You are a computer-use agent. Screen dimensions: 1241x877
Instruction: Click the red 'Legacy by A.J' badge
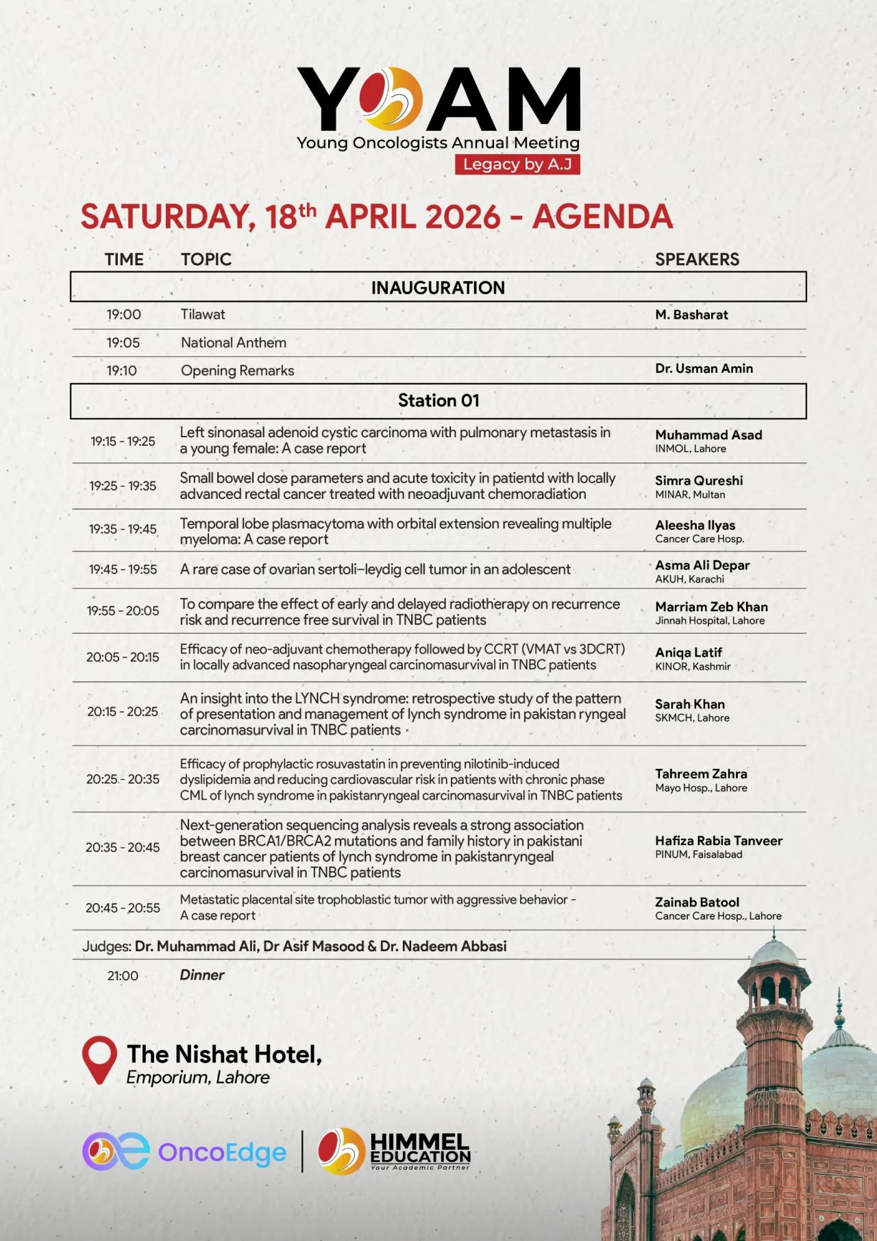pos(517,164)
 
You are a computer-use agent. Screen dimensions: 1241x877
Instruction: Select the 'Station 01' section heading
pos(438,401)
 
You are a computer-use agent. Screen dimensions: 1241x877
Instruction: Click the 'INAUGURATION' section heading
pos(438,288)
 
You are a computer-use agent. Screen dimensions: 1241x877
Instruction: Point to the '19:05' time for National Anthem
pos(123,343)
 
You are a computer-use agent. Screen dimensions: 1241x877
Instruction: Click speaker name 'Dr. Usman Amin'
pos(704,369)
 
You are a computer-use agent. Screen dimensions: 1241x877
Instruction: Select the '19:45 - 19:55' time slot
pos(123,569)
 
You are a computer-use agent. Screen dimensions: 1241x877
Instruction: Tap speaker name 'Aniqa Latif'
pos(689,652)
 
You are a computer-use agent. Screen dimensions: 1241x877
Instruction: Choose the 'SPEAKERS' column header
pos(697,260)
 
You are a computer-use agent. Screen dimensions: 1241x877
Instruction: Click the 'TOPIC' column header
pos(206,260)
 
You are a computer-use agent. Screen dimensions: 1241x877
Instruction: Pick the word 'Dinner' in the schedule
pos(202,975)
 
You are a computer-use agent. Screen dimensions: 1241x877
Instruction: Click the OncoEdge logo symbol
pos(115,1152)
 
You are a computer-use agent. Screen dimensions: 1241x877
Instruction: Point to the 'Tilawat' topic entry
pos(203,315)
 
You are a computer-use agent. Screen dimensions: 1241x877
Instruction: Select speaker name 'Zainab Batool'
pos(697,902)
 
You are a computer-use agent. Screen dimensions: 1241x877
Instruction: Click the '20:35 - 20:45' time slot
pos(123,848)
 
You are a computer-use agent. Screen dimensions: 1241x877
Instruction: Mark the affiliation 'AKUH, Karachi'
pos(689,579)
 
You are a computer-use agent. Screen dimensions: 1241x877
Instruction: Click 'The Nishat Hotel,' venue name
pos(224,1054)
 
